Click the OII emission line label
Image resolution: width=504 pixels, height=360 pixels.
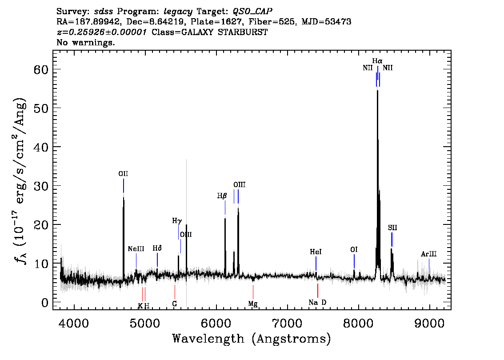[x=123, y=174]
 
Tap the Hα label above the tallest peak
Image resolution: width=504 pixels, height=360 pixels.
[x=377, y=61]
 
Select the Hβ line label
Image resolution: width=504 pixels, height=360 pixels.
[x=222, y=196]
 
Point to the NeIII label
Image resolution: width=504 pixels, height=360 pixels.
[x=136, y=249]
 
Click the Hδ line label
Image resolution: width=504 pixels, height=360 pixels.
[x=157, y=248]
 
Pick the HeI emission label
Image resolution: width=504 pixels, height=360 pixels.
[x=316, y=252]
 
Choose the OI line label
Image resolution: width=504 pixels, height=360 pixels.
[x=354, y=250]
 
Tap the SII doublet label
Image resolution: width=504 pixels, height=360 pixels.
[x=392, y=228]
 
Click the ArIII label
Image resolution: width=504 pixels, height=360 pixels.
[x=429, y=254]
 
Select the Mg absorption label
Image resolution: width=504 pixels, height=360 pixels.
[x=253, y=304]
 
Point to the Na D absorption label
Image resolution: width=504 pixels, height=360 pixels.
[x=317, y=303]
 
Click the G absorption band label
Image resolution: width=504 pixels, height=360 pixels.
[x=175, y=304]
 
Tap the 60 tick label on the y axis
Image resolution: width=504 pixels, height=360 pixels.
[x=41, y=69]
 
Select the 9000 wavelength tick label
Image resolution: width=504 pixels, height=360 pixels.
[x=429, y=323]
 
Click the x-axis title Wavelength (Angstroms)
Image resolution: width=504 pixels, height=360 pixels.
[x=252, y=339]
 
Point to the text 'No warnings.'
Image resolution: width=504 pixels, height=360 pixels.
[x=85, y=42]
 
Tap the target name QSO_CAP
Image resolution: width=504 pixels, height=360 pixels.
[x=252, y=12]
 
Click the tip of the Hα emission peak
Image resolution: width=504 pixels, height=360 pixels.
[x=377, y=90]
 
